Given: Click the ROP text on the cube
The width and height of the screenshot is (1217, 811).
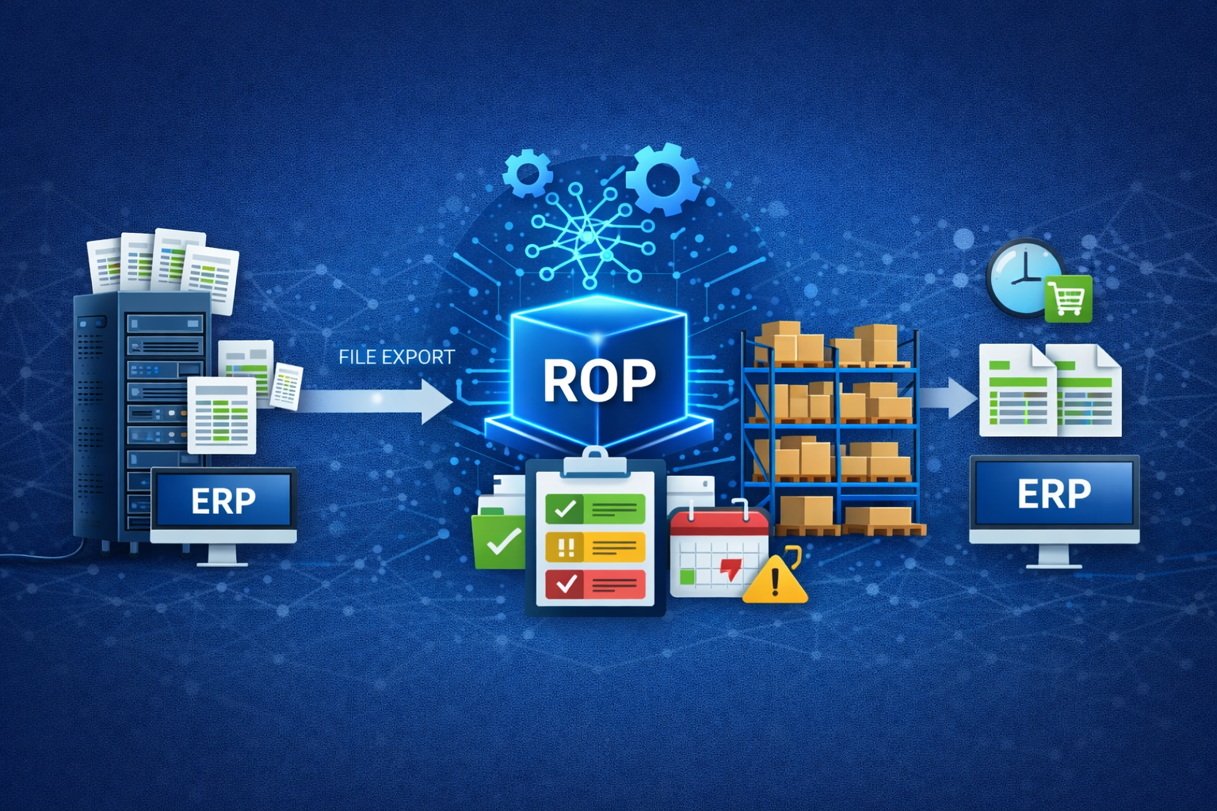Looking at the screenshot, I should point(599,381).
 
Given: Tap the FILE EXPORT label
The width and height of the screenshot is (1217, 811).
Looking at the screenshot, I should point(396,357).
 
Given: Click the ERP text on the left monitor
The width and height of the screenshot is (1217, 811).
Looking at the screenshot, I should point(223,501).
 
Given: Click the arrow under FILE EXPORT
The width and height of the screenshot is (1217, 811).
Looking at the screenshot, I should point(372,400).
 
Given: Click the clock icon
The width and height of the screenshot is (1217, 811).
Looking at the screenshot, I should point(1023,276).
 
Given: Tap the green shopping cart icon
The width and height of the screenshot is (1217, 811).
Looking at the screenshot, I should point(1068,299).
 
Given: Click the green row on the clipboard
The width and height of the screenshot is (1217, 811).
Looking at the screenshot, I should point(595,508).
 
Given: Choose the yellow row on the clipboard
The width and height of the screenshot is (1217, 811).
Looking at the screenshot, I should point(595,546).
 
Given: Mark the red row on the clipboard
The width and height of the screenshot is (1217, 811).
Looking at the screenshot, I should point(595,584).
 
